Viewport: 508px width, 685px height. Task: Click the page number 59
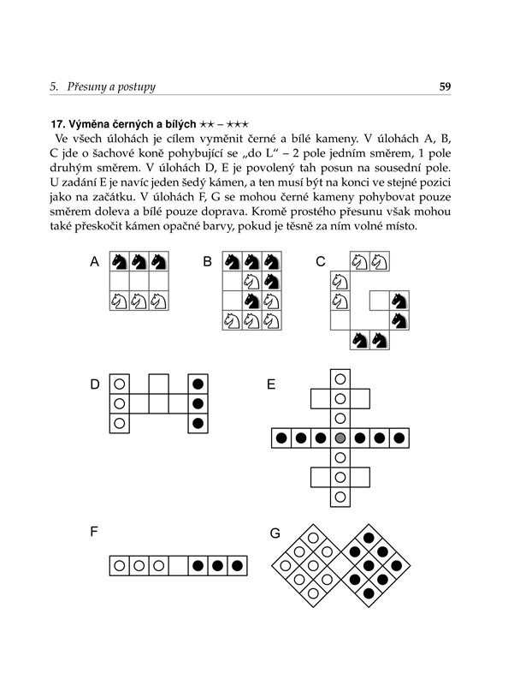pyautogui.click(x=445, y=86)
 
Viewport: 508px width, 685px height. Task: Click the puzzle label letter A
pyautogui.click(x=94, y=262)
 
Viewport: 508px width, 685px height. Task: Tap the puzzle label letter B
pyautogui.click(x=207, y=262)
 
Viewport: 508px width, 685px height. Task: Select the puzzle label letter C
pyautogui.click(x=321, y=262)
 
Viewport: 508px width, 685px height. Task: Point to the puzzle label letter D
pyautogui.click(x=95, y=384)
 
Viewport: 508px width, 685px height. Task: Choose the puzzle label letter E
pyautogui.click(x=271, y=384)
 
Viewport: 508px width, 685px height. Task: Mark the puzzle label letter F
pyautogui.click(x=94, y=532)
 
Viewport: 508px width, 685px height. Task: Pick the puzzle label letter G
pyautogui.click(x=275, y=533)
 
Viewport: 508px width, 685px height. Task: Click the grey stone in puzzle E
pyautogui.click(x=340, y=438)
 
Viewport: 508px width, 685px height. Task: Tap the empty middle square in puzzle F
pyautogui.click(x=178, y=566)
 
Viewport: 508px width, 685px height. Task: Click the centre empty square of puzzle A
pyautogui.click(x=139, y=282)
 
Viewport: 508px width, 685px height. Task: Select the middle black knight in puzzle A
pyautogui.click(x=139, y=262)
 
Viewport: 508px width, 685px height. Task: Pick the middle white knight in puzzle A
pyautogui.click(x=139, y=301)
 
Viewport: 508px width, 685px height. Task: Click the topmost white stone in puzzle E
pyautogui.click(x=340, y=378)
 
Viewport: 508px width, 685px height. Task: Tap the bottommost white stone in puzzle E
pyautogui.click(x=340, y=497)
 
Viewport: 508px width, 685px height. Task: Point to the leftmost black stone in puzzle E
pyautogui.click(x=281, y=438)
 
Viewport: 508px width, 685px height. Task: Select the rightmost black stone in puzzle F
pyautogui.click(x=237, y=566)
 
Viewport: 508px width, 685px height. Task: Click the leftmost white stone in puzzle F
pyautogui.click(x=119, y=566)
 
